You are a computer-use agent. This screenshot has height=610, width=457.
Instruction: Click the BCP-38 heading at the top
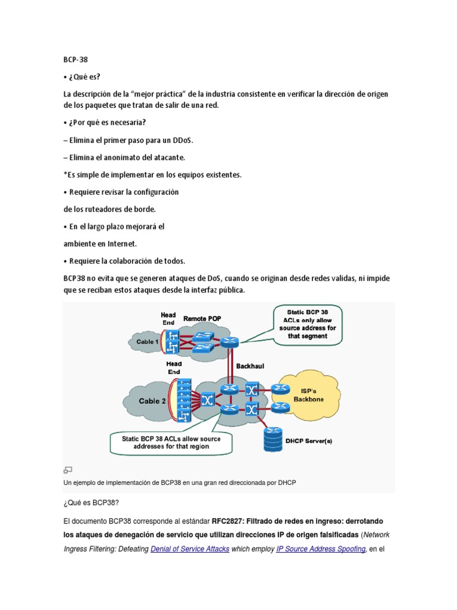[x=76, y=60]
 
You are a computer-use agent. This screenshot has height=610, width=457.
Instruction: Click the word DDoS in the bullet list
[x=181, y=140]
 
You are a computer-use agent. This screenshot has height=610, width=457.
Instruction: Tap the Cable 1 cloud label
[x=148, y=342]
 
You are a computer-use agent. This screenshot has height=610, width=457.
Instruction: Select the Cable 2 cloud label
[x=153, y=401]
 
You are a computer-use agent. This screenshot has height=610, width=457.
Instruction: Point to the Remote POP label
[x=202, y=319]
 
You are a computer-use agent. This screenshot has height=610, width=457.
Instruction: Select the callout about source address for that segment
[x=307, y=323]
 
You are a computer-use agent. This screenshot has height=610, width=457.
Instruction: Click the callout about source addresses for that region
[x=171, y=443]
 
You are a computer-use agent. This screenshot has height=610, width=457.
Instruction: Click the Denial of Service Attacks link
[x=190, y=549]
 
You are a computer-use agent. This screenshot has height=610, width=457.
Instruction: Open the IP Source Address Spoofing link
[x=321, y=549]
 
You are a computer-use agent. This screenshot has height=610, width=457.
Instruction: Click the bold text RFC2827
[x=231, y=519]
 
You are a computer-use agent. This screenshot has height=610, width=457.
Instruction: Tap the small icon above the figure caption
[x=68, y=470]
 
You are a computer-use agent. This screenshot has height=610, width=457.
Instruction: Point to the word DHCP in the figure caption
[x=286, y=483]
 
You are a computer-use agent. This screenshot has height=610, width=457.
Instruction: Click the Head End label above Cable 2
[x=174, y=368]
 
